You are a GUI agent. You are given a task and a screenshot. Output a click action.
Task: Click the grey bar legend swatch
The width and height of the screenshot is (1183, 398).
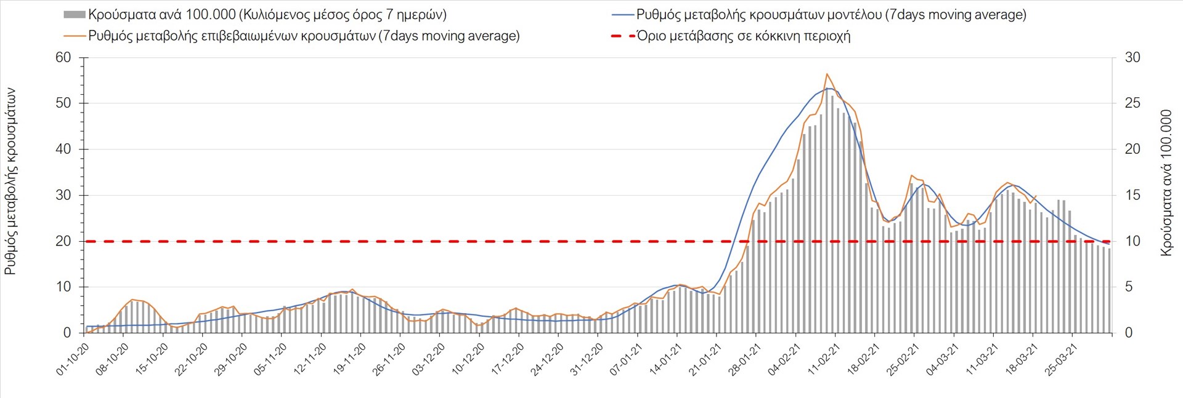coord(75,15)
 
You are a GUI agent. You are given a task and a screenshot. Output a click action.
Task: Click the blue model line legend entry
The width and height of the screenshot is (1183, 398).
coord(831,15)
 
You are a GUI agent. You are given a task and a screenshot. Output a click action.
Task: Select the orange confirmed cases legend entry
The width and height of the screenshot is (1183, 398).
coord(304,36)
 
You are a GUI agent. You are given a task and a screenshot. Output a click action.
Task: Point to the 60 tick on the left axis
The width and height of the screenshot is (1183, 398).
coord(63,58)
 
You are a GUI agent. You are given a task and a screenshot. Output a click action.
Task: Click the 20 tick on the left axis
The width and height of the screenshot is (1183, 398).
coord(63,241)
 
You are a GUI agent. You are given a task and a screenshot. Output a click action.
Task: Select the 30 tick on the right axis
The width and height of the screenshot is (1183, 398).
coord(1132,58)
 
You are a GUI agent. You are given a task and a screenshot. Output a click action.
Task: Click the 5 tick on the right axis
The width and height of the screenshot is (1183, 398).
coord(1129,287)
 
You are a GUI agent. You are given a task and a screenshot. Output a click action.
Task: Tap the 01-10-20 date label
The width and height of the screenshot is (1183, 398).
coord(73,359)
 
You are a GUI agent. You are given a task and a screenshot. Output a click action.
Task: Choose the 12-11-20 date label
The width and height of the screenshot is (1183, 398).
coord(311,359)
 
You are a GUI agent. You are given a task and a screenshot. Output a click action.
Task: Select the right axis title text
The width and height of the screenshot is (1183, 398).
coord(1166,183)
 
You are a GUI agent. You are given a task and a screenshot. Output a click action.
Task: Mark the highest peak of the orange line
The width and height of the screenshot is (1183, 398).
coord(827,74)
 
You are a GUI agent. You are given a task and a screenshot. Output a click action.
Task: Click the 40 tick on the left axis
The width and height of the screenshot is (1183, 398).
coord(63,149)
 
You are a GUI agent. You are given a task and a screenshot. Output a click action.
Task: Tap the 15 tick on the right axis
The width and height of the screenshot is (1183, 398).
coord(1132,196)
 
